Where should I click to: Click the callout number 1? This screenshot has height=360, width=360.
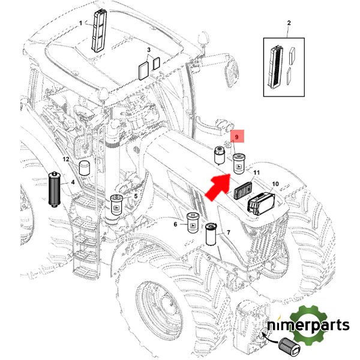80,23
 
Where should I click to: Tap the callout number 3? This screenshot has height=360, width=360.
149,50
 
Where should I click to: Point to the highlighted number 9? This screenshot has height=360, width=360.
238,138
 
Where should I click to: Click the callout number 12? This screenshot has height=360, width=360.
67,160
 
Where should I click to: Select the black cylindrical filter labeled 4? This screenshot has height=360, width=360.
55,189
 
